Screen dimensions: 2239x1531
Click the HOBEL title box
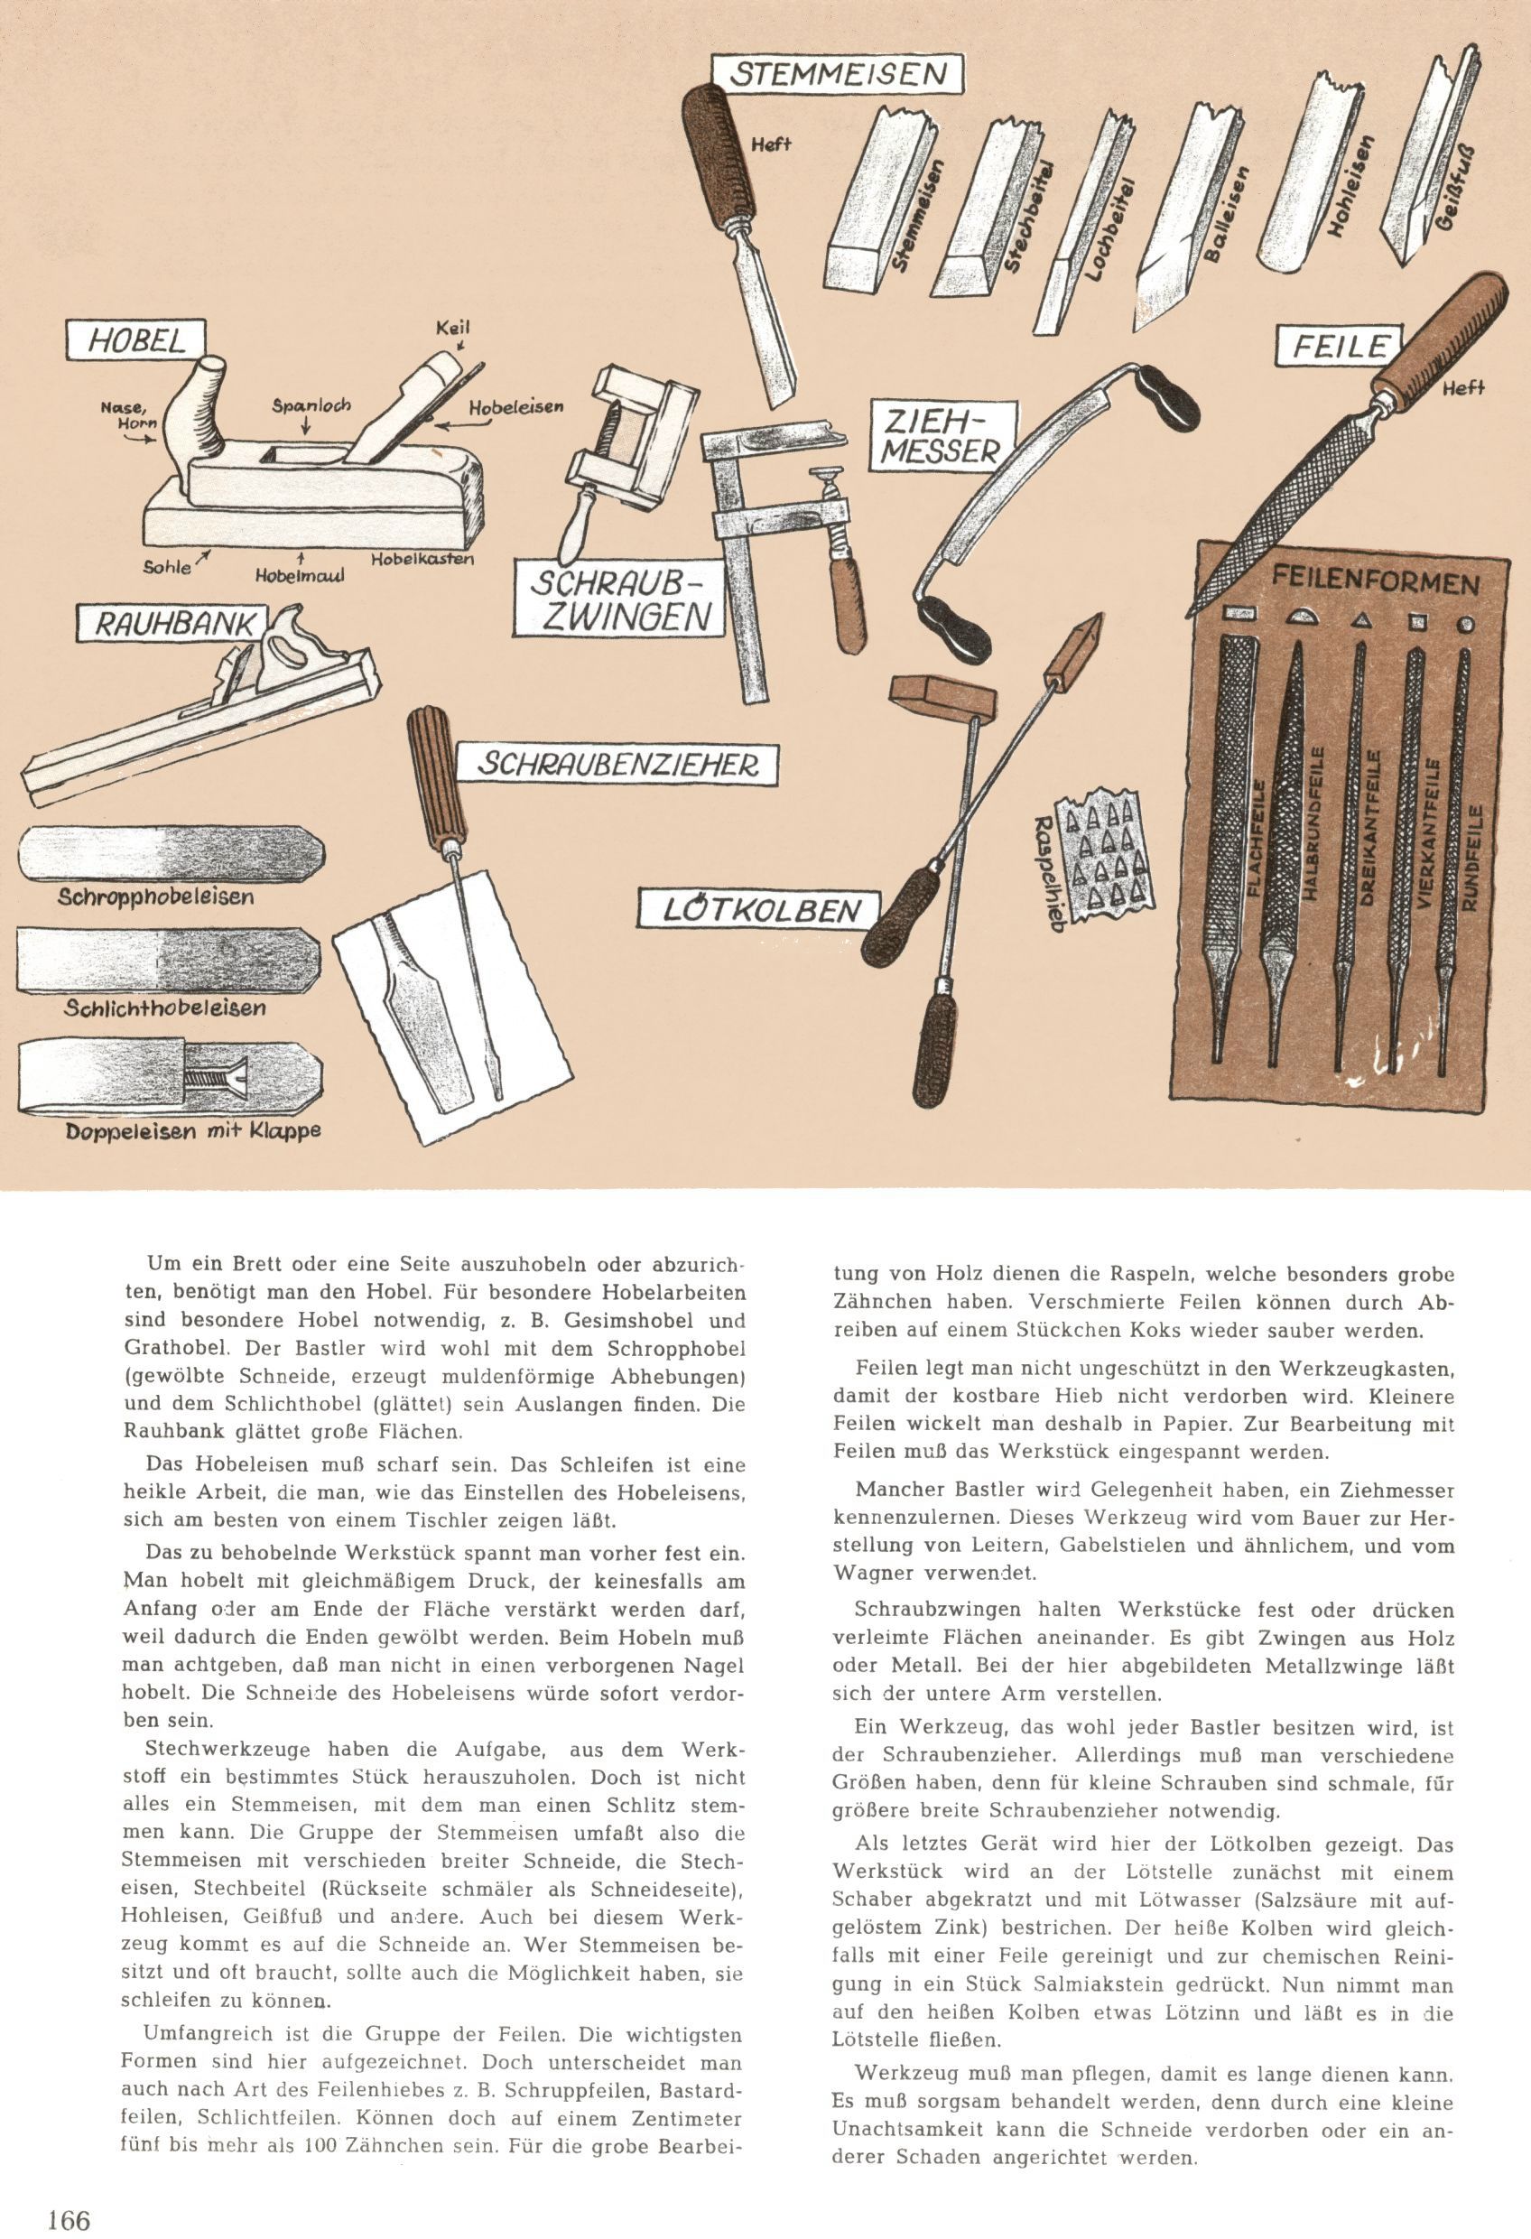137,341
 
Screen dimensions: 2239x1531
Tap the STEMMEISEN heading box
838,74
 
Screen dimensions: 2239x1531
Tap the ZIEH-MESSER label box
939,435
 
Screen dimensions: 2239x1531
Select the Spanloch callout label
311,406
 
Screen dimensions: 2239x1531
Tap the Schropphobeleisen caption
155,897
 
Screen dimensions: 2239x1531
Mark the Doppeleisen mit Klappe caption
192,1131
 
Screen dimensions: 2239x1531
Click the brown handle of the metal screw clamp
849,605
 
